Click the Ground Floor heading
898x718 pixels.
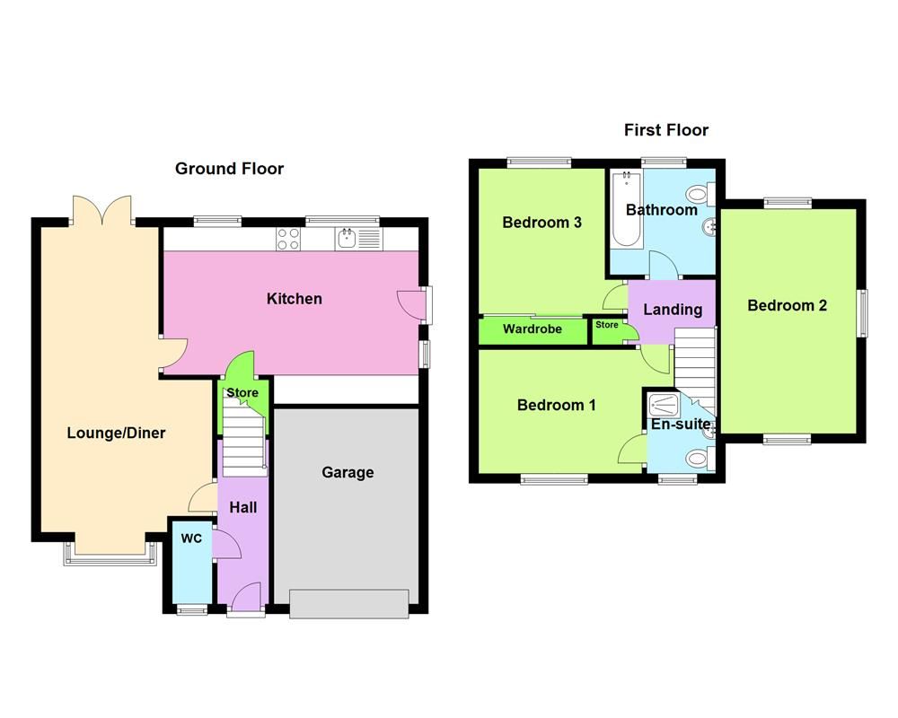click(x=229, y=169)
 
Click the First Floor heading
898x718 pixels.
click(x=666, y=130)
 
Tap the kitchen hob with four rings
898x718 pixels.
click(x=288, y=239)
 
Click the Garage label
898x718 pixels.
click(x=348, y=472)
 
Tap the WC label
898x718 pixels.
click(x=190, y=539)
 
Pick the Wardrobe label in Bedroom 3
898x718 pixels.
click(x=532, y=329)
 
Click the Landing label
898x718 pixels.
click(x=673, y=310)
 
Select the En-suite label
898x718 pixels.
click(x=680, y=424)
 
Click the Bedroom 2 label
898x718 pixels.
click(x=787, y=305)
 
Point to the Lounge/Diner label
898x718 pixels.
click(x=116, y=433)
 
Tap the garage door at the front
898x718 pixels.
click(x=349, y=603)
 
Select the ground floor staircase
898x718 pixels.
click(x=244, y=441)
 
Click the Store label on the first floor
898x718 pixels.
click(x=607, y=325)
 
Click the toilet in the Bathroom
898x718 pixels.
click(x=700, y=194)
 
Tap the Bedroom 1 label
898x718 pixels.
click(x=556, y=406)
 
